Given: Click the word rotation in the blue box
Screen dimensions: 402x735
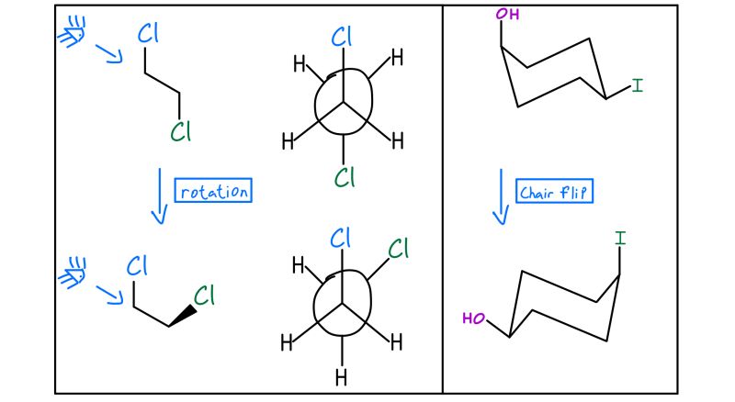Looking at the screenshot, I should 213,192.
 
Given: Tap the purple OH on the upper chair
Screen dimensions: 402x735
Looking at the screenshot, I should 505,15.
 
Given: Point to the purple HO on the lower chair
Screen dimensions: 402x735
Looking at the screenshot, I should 474,318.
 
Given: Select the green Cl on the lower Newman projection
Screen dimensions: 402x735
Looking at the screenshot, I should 399,249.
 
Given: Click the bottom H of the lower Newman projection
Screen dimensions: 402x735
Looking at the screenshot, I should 342,377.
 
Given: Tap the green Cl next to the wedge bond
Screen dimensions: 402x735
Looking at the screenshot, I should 204,296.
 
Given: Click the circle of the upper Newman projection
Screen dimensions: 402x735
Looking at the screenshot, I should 344,101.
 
